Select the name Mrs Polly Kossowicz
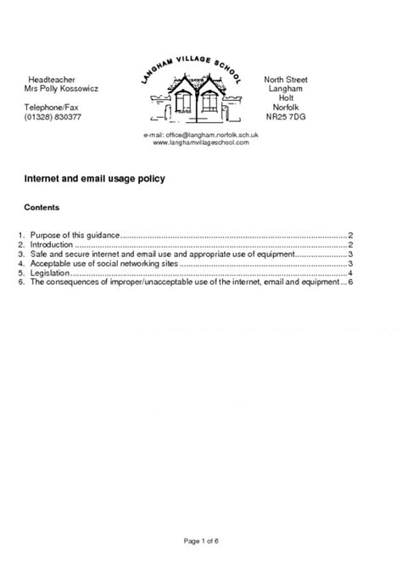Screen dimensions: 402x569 coord(62,89)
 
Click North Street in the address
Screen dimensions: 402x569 coord(286,79)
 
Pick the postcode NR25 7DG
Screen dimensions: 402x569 coord(286,119)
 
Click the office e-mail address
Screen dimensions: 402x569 coord(201,136)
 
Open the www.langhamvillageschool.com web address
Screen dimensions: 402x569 coord(201,143)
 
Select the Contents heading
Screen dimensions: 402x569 coord(42,207)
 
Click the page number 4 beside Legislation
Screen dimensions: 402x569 coord(350,274)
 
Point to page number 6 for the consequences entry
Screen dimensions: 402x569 coord(350,283)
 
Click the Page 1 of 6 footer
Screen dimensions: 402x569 coord(201,539)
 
